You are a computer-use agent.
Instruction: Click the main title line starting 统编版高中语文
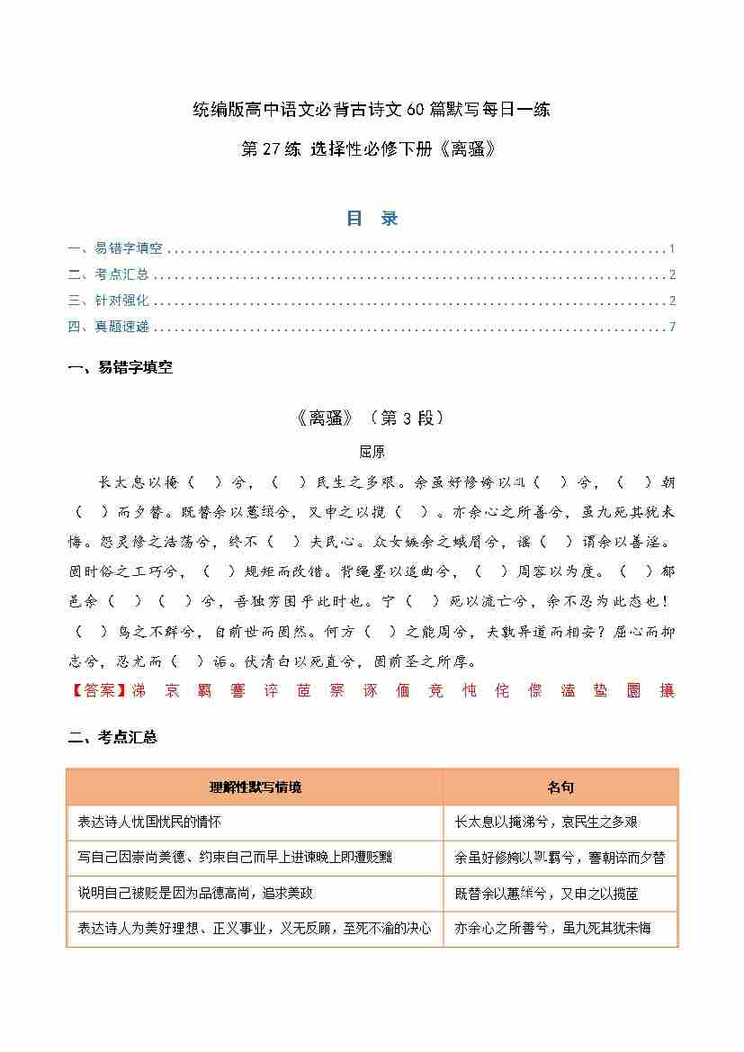coord(372,111)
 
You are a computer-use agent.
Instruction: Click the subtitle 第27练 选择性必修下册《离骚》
coord(371,149)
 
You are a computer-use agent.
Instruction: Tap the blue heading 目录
coord(372,219)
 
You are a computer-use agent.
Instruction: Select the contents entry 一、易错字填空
coord(115,249)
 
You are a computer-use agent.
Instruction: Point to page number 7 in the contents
coord(672,327)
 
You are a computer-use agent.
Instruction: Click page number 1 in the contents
coord(672,249)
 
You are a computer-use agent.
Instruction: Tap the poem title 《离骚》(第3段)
coord(370,418)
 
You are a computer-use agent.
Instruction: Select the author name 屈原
coord(372,452)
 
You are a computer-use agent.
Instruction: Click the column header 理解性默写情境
coord(255,787)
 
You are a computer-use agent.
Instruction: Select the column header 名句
coord(560,787)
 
